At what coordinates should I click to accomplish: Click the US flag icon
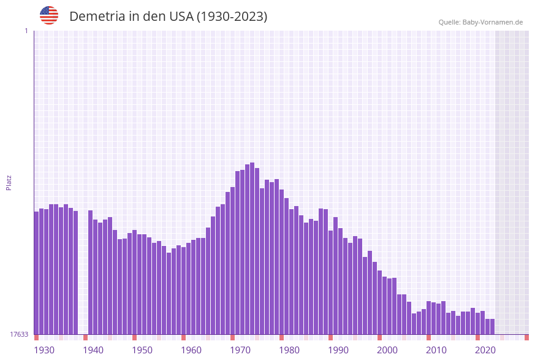49,15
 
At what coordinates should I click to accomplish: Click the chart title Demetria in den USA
168,17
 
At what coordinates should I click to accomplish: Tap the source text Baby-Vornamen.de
480,22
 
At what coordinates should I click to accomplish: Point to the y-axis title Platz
9,182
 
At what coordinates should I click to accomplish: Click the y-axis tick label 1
26,31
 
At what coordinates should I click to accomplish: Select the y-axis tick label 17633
18,334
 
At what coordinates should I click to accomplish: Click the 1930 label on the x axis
44,350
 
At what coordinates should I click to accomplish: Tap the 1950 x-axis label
142,350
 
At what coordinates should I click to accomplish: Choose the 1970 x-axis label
240,350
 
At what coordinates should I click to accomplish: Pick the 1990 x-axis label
338,350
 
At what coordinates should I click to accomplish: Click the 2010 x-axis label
436,350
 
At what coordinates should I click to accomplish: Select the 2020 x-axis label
485,350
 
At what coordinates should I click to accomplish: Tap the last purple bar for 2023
492,326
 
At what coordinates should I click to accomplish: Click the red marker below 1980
281,337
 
